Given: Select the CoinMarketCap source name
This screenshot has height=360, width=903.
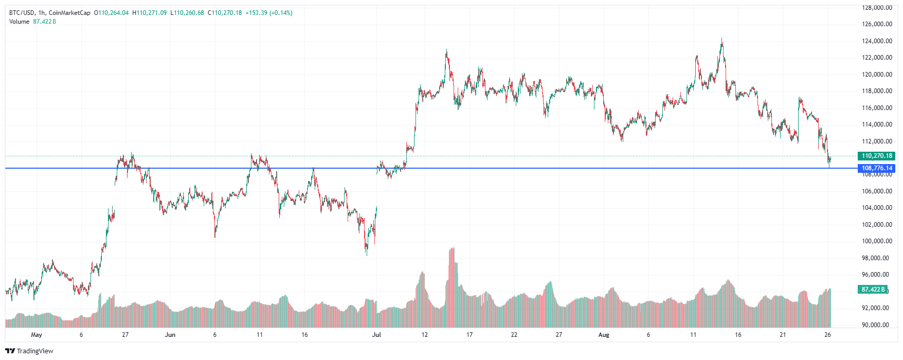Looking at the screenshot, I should (69, 13).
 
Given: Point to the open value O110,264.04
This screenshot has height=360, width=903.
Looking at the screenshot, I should (111, 13).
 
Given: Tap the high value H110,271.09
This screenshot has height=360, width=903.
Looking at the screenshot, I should (150, 13).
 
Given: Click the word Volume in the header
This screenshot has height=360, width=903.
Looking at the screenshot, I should (19, 22).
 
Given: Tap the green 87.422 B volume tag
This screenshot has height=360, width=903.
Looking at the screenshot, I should (873, 290).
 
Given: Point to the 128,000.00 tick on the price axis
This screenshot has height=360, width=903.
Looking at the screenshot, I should (877, 8).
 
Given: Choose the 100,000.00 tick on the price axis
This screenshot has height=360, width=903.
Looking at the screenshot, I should (877, 241).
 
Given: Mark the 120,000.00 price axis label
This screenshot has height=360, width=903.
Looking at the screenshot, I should (877, 75).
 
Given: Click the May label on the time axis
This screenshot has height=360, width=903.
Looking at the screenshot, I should (37, 335).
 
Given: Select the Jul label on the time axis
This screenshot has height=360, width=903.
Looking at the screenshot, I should (376, 335).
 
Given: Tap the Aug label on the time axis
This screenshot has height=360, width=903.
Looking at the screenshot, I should (604, 335).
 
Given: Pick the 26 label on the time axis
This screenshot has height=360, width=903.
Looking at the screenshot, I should (827, 335).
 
